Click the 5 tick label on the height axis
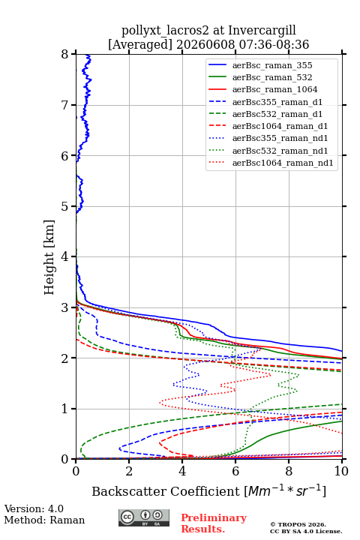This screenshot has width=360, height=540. click(65, 206)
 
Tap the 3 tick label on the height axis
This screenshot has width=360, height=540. click(65, 307)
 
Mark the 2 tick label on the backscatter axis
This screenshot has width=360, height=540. click(129, 471)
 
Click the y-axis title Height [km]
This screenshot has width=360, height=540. click(49, 257)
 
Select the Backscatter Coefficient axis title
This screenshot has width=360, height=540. click(208, 491)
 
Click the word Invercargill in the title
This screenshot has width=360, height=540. click(262, 31)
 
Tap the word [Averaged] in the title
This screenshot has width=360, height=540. click(140, 45)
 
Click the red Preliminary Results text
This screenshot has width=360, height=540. click(214, 523)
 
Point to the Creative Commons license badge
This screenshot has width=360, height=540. click(144, 517)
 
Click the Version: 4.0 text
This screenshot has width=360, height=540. click(34, 508)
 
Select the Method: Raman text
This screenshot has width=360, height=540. click(44, 520)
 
